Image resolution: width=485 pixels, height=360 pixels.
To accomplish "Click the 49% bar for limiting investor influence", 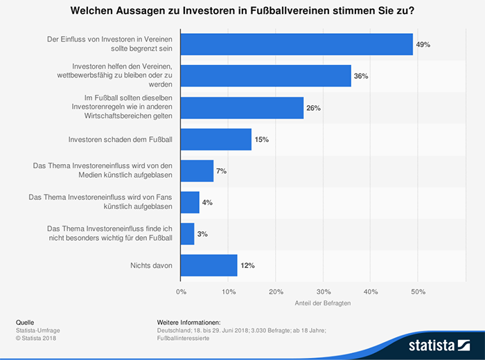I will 296,44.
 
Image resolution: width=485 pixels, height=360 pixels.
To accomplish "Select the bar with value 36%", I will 265,75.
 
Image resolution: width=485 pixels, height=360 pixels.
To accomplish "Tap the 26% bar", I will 242,107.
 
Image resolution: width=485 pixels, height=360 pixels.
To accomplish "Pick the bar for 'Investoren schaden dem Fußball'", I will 215,139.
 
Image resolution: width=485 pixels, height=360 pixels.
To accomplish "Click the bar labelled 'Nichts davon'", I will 209,265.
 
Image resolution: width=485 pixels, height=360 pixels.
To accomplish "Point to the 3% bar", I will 187,233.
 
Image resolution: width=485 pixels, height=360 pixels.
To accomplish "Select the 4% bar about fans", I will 190,202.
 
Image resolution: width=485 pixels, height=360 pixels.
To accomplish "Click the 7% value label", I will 222,170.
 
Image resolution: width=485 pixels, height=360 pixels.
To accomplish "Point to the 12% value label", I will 247,265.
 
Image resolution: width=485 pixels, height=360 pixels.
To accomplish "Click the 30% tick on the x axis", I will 324,291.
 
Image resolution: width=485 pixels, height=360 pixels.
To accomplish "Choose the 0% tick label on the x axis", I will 181,291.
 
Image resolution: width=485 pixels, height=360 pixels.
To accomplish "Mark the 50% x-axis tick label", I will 418,291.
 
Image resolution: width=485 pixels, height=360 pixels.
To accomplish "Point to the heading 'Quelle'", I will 25,323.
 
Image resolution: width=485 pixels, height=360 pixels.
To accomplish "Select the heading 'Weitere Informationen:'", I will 188,323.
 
